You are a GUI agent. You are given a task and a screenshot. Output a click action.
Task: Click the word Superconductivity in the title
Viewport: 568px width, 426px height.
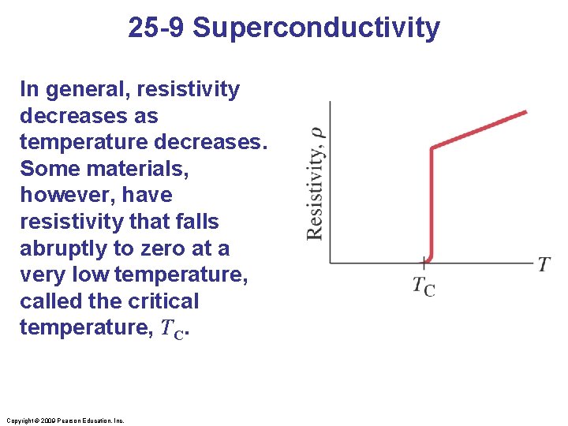(316, 28)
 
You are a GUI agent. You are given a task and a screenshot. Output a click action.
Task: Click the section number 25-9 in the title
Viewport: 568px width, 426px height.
(157, 28)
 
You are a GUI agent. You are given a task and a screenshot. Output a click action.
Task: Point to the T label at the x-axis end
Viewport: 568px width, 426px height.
(544, 264)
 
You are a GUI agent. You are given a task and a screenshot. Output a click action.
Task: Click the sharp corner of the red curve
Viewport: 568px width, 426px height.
(432, 148)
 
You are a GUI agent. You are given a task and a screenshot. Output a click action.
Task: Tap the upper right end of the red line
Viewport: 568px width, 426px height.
(525, 113)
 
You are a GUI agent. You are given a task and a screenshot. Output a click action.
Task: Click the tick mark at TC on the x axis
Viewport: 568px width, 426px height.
(425, 260)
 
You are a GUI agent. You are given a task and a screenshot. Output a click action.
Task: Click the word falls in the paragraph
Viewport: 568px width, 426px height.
(196, 222)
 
